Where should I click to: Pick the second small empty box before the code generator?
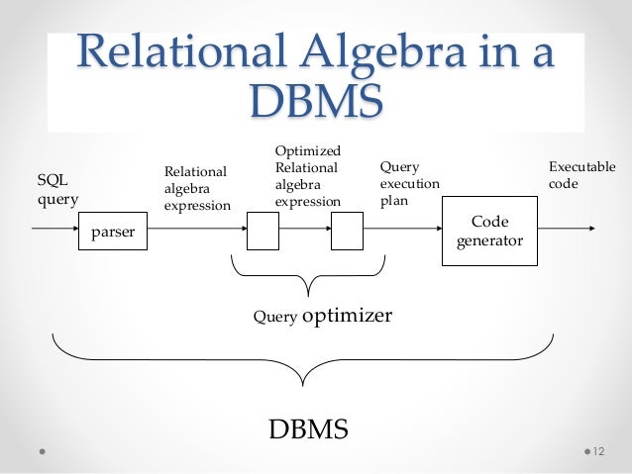[347, 232]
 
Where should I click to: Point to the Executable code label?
[580, 176]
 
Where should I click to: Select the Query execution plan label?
[409, 185]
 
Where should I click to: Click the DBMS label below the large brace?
[309, 430]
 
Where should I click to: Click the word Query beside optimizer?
[274, 318]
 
